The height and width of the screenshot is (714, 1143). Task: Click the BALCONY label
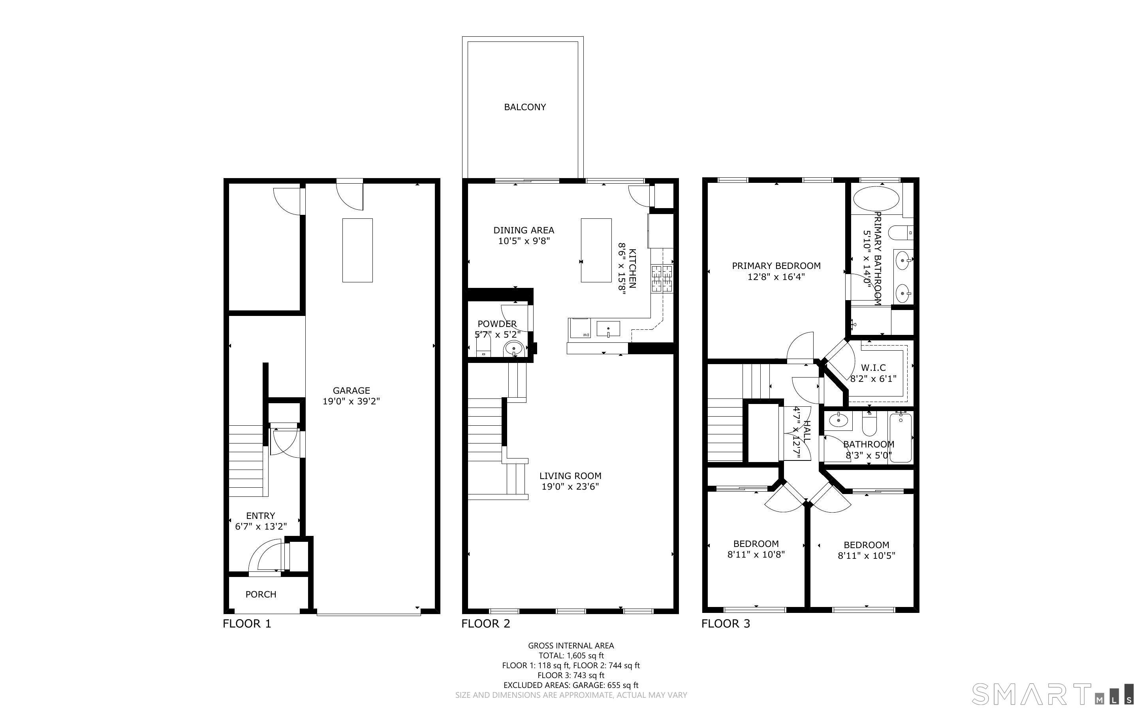[x=525, y=107]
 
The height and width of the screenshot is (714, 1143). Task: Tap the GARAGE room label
[x=351, y=391]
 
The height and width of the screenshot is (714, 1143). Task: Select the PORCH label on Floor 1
[x=261, y=594]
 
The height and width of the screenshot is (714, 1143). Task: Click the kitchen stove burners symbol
[x=662, y=279]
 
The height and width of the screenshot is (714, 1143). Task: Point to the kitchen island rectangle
[x=596, y=250]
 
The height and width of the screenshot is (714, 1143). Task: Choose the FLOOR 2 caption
[x=486, y=624]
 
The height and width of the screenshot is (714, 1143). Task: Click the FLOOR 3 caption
[x=726, y=624]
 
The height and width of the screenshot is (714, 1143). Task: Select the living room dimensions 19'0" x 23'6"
[x=570, y=487]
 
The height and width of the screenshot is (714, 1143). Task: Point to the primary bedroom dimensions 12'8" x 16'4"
[x=776, y=277]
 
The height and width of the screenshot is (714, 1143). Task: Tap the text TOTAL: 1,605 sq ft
[x=571, y=656]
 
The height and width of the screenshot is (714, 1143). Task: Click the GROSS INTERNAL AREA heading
[x=571, y=646]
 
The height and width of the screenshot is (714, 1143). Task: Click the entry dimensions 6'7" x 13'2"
[x=261, y=526]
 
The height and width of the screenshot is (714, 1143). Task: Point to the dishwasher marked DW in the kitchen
[x=580, y=328]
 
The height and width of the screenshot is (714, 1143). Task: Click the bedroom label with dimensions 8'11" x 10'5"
[x=867, y=550]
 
